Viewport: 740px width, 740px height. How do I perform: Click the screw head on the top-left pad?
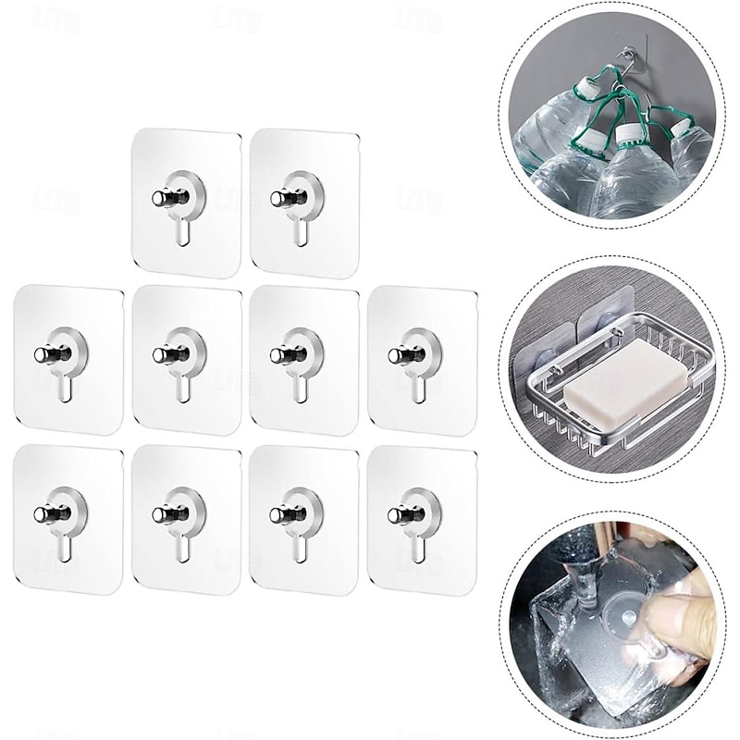point(158,198)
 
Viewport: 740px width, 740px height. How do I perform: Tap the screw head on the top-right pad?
point(276,198)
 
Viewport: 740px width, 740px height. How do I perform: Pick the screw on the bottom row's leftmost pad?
point(42,514)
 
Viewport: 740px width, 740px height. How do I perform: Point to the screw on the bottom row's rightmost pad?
point(396,513)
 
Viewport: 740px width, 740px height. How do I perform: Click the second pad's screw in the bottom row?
point(160,514)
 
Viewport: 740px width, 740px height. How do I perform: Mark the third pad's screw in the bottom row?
point(277,514)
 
